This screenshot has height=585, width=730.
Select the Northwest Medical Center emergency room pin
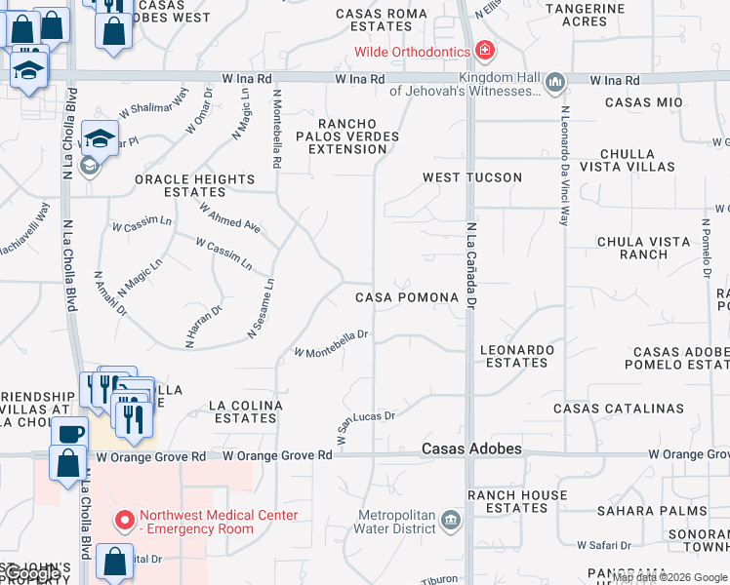pyautogui.click(x=124, y=521)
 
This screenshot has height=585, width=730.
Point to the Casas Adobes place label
pyautogui.click(x=471, y=449)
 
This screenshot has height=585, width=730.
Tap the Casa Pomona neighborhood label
pyautogui.click(x=406, y=297)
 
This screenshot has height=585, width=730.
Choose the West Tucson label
pyautogui.click(x=472, y=177)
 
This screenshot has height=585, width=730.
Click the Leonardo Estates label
pyautogui.click(x=518, y=356)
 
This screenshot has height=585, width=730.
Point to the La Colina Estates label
pyautogui.click(x=247, y=411)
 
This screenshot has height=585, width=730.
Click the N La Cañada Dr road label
pyautogui.click(x=470, y=268)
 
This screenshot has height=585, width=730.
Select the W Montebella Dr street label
pyautogui.click(x=331, y=343)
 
